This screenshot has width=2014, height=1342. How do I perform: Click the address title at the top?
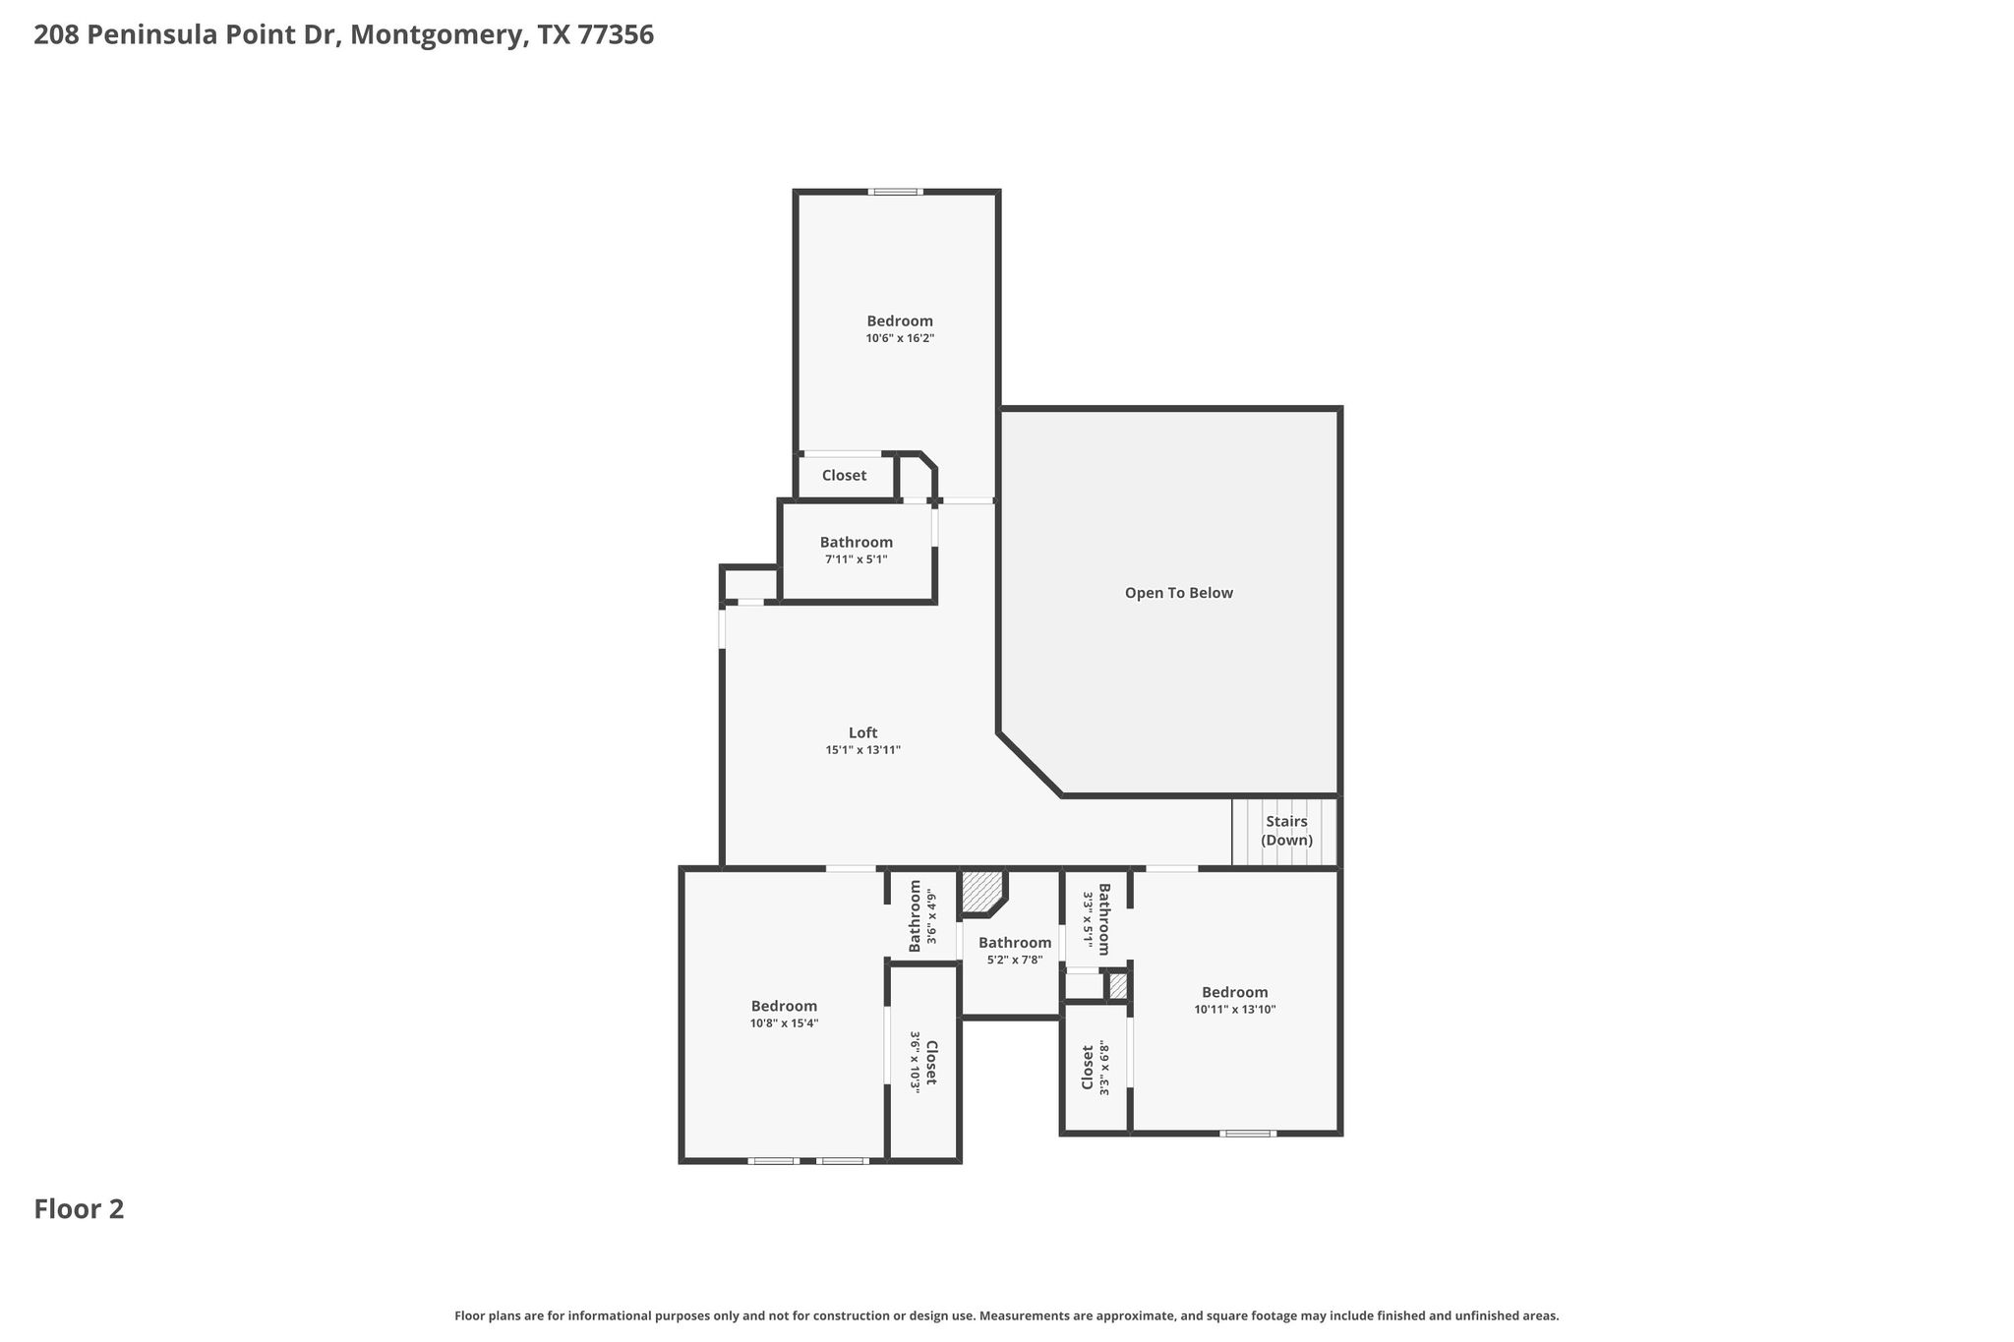click(x=343, y=35)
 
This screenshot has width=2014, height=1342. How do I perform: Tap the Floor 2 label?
click(x=79, y=1209)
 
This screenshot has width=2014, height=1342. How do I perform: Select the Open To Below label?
click(x=1178, y=593)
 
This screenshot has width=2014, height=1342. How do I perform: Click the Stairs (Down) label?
click(x=1286, y=831)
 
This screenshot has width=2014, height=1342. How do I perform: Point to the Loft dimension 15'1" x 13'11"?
click(x=862, y=750)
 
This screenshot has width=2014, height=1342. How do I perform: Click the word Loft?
click(x=862, y=732)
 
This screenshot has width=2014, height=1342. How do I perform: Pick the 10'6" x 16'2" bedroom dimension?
click(x=900, y=338)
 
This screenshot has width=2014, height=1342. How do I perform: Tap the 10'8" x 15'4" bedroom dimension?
click(x=784, y=1023)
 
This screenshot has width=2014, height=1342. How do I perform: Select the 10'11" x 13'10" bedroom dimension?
click(x=1235, y=1009)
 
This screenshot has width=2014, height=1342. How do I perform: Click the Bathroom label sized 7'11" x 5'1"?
click(x=857, y=542)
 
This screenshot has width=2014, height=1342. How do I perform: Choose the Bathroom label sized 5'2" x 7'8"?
click(x=1015, y=943)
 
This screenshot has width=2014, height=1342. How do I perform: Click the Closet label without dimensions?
click(x=844, y=476)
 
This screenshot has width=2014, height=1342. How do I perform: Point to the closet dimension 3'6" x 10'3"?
click(x=915, y=1062)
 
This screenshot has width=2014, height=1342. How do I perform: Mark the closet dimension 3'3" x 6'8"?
click(x=1104, y=1068)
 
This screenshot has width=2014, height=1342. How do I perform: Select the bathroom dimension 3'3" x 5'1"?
click(x=1088, y=917)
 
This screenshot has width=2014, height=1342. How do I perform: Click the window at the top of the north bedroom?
click(x=895, y=192)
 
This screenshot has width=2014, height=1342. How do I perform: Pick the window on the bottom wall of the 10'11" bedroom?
click(x=1248, y=1134)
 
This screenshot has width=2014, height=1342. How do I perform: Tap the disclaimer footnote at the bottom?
click(x=1007, y=1315)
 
